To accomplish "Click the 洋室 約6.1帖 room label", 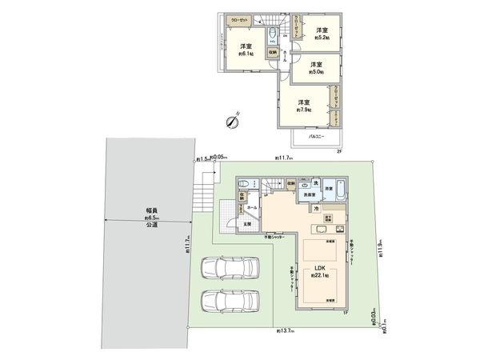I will [243, 50].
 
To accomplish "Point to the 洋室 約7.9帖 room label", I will [304, 106].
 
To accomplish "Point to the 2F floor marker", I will [338, 151].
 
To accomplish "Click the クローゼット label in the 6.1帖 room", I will [239, 21].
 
